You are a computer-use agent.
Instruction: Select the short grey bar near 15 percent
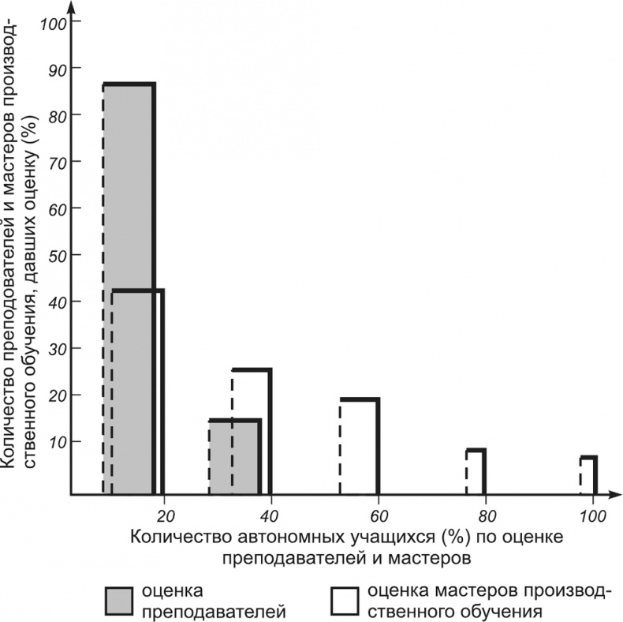click(234, 457)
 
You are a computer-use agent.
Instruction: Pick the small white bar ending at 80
click(476, 471)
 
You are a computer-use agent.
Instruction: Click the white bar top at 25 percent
click(252, 369)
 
